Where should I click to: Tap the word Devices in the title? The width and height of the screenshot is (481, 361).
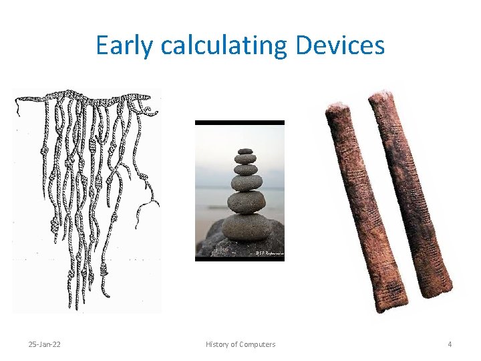339,45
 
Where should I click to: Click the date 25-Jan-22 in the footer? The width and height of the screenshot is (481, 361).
44,344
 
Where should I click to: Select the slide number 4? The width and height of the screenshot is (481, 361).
450,344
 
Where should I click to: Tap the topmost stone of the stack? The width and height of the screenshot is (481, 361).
246,151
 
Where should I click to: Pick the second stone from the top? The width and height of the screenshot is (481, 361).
246,159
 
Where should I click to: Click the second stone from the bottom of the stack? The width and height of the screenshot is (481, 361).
246,201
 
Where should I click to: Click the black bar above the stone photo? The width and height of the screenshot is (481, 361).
239,123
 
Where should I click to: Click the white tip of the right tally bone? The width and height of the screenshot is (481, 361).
379,94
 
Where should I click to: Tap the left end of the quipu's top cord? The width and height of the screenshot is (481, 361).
19,100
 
